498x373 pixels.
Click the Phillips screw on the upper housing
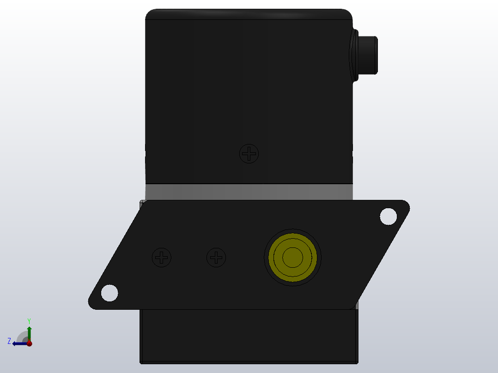click(x=249, y=153)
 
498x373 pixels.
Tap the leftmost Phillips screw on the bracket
click(x=162, y=257)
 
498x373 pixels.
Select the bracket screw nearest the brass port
click(x=216, y=257)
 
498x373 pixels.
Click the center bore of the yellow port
click(x=292, y=257)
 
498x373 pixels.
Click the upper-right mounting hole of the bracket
click(x=388, y=216)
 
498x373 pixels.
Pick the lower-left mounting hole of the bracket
click(x=109, y=293)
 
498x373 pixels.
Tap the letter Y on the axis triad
click(x=29, y=320)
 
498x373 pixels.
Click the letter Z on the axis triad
click(x=9, y=341)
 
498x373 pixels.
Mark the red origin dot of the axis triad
click(x=29, y=343)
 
